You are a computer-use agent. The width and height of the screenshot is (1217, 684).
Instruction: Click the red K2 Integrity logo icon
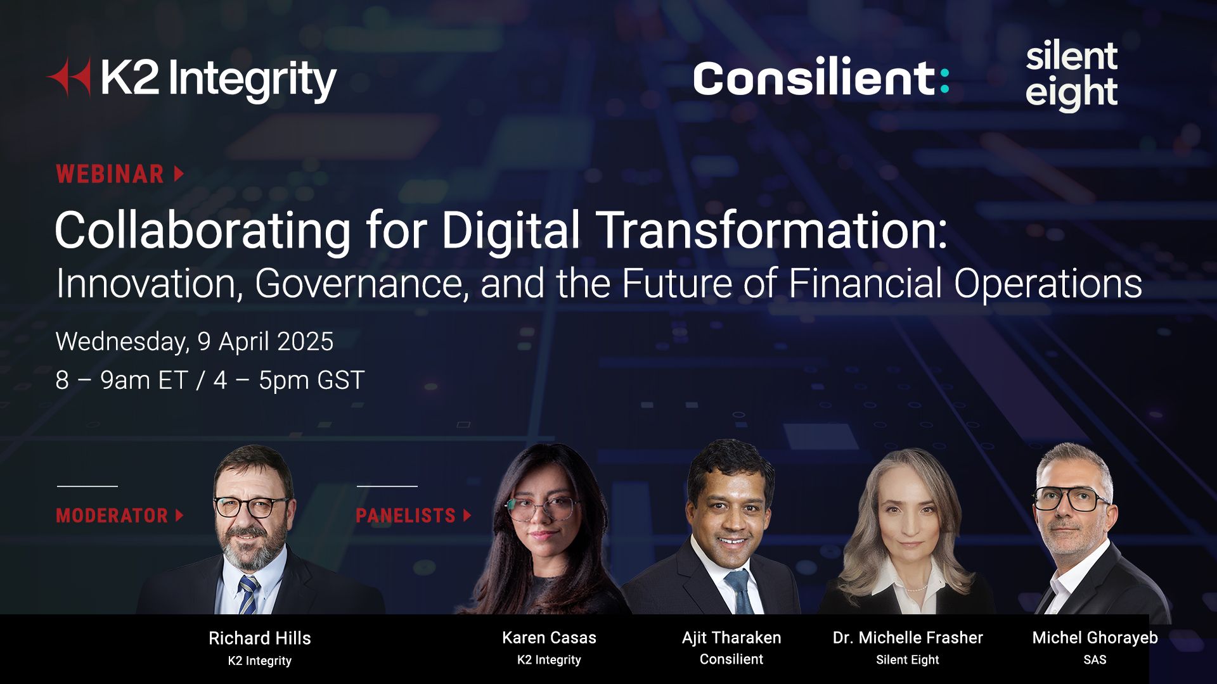coord(69,77)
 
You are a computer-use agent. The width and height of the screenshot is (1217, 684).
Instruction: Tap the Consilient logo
coord(821,79)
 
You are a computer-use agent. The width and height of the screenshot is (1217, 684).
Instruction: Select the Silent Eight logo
coord(1071,75)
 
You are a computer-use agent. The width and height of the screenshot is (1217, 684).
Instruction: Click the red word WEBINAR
coord(110,174)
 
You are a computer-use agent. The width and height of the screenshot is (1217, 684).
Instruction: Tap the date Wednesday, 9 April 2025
coord(195,341)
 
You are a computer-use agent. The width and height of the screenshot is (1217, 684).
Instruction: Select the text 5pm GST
coord(311,380)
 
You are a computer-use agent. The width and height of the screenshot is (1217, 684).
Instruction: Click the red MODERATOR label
coord(112,516)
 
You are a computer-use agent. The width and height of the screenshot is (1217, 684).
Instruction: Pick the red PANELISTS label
coord(406,516)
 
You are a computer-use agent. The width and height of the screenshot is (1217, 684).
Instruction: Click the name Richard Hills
coord(260,638)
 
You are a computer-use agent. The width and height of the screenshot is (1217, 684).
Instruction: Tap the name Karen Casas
coord(549,637)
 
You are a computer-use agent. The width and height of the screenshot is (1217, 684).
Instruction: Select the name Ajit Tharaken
coord(731,637)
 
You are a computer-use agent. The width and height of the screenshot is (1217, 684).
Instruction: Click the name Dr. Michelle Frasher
coord(908,637)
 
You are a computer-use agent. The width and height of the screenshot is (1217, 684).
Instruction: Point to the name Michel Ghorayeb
coord(1095,637)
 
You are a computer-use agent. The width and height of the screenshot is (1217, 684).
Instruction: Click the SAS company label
coord(1095,659)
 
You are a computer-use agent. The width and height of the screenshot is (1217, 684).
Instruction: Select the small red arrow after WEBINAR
coord(179,174)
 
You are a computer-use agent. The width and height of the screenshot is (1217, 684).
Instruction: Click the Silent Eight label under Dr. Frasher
coord(908,659)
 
